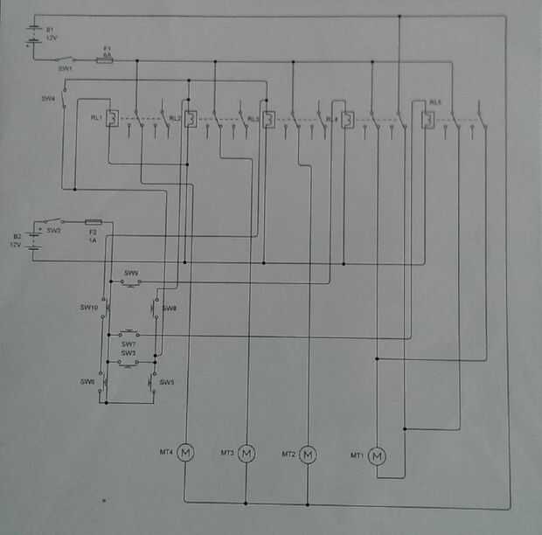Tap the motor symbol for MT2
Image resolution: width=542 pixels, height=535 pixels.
click(308, 454)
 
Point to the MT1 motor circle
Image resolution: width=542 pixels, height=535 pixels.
click(377, 455)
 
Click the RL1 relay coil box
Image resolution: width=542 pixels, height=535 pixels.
click(113, 120)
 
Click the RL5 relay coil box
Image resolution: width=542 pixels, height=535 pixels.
click(427, 118)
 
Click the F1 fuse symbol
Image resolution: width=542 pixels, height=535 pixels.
click(108, 59)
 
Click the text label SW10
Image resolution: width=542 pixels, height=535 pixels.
click(88, 308)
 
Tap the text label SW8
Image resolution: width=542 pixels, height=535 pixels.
click(169, 308)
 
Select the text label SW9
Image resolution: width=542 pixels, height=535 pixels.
click(131, 274)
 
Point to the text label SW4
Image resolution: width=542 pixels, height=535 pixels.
click(48, 99)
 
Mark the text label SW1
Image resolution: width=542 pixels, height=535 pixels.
click(66, 67)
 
